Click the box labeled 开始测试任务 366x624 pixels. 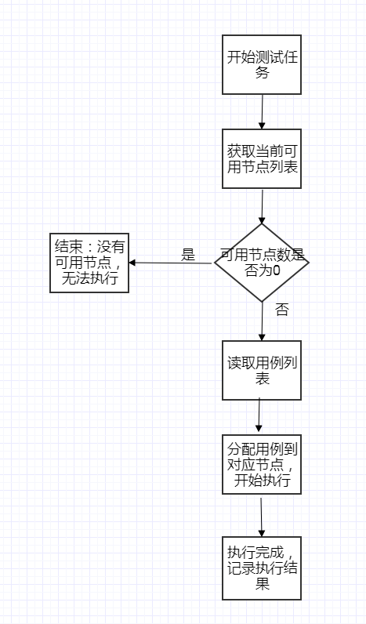click(261, 64)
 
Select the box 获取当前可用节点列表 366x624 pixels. click(261, 158)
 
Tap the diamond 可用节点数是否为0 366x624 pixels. click(261, 263)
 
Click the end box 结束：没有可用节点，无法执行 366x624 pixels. click(89, 263)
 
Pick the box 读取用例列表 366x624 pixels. click(261, 370)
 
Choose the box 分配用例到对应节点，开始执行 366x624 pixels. click(261, 464)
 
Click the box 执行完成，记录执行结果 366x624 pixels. click(261, 568)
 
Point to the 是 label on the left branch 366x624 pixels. click(188, 255)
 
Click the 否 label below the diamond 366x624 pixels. click(281, 310)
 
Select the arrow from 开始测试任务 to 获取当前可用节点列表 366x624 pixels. click(262, 112)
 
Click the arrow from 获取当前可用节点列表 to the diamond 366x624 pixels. click(262, 206)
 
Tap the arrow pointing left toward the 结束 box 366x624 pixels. click(170, 263)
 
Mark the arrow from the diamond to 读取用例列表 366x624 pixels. click(262, 321)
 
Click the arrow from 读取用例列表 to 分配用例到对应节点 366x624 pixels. click(259, 415)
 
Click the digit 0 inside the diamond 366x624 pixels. click(276, 270)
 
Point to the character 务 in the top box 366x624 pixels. click(263, 73)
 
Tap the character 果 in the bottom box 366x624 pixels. click(263, 584)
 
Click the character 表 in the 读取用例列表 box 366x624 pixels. click(263, 378)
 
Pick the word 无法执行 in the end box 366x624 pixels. click(89, 278)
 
